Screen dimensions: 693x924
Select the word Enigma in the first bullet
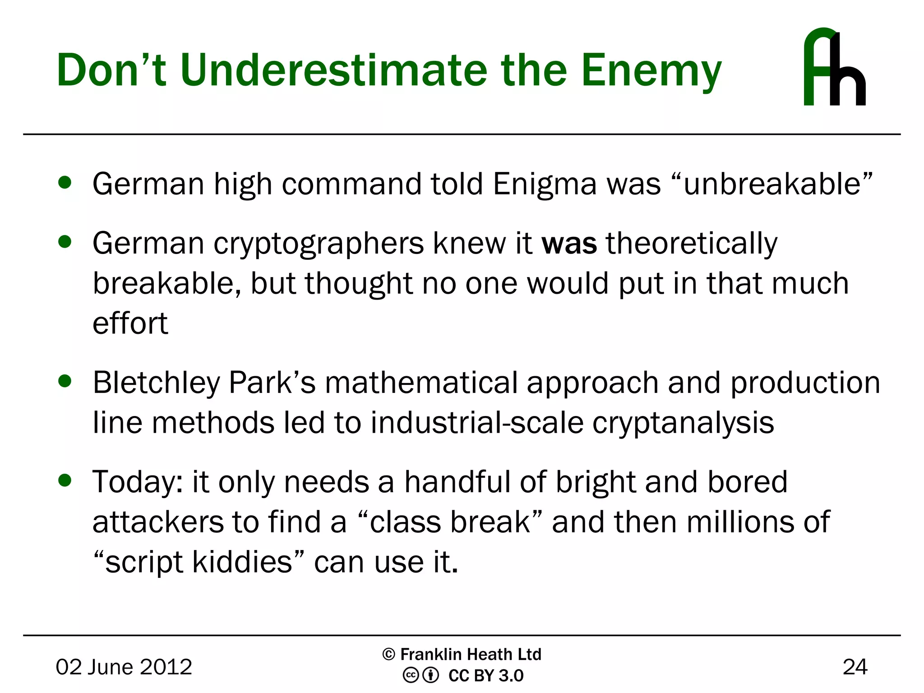coord(545,185)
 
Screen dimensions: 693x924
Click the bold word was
coord(569,244)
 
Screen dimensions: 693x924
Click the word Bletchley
coord(156,383)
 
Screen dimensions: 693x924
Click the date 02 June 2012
coord(124,667)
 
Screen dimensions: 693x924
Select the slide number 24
coord(855,667)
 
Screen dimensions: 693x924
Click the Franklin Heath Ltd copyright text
coord(462,654)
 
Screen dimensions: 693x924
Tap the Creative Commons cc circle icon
coord(411,675)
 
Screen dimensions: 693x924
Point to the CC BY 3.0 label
coord(485,675)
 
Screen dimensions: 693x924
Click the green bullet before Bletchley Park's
coord(65,381)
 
